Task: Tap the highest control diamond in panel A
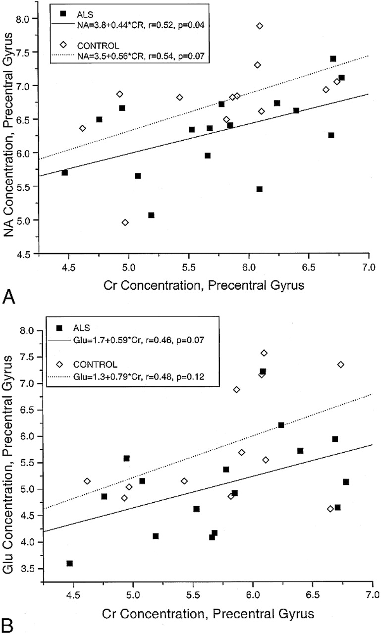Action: pos(260,26)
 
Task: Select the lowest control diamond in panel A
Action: pos(125,222)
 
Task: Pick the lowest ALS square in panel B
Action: pos(70,563)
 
